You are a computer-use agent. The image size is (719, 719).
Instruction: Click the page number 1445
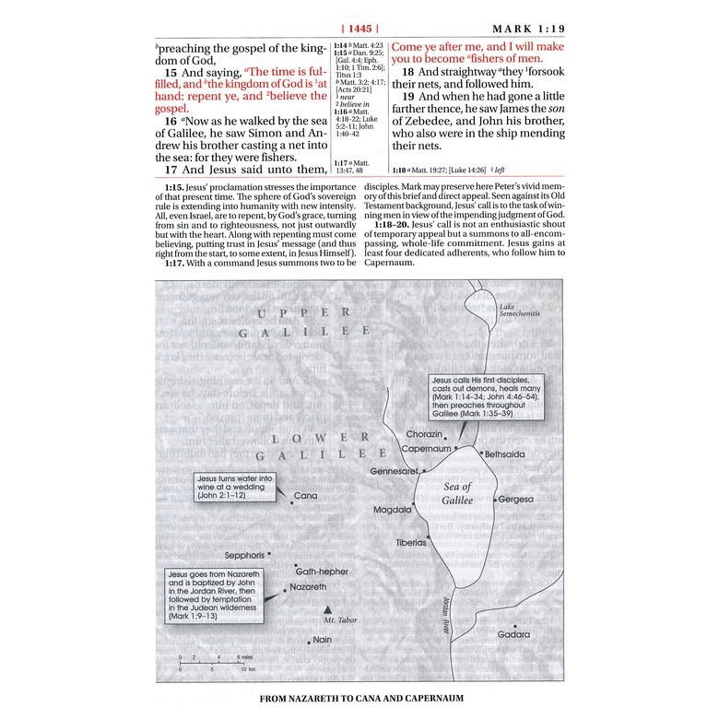[359, 29]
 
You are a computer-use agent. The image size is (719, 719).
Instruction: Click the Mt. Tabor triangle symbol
[325, 610]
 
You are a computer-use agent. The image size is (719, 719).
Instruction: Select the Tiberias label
[411, 543]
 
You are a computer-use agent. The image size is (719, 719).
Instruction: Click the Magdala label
[392, 509]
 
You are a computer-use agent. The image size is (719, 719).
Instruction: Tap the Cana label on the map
[304, 496]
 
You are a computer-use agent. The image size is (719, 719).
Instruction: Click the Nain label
[322, 640]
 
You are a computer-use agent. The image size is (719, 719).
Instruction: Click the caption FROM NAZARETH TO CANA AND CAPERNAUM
[359, 698]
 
